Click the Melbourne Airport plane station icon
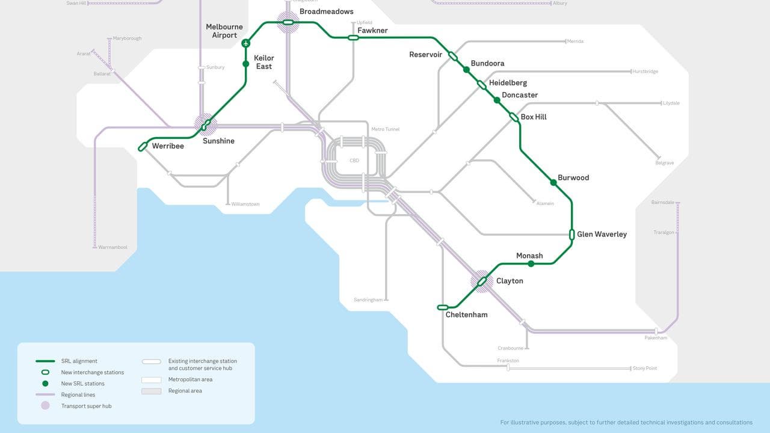coord(245,43)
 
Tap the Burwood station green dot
coord(553,182)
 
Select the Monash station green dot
coord(531,263)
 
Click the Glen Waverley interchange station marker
coord(571,235)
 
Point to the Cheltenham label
coord(466,315)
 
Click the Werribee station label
coord(168,146)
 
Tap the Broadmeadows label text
coord(326,11)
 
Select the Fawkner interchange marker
coord(353,37)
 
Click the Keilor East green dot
coord(245,64)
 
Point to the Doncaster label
coord(520,95)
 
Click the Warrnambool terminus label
coord(112,247)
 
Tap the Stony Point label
coord(645,368)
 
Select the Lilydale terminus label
coord(671,103)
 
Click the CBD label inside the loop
coord(354,161)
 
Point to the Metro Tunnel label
coord(385,129)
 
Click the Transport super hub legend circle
coord(45,406)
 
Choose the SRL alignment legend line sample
coord(45,361)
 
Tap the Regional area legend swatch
coord(151,391)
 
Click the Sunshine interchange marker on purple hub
coord(206,125)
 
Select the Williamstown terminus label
coord(245,204)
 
